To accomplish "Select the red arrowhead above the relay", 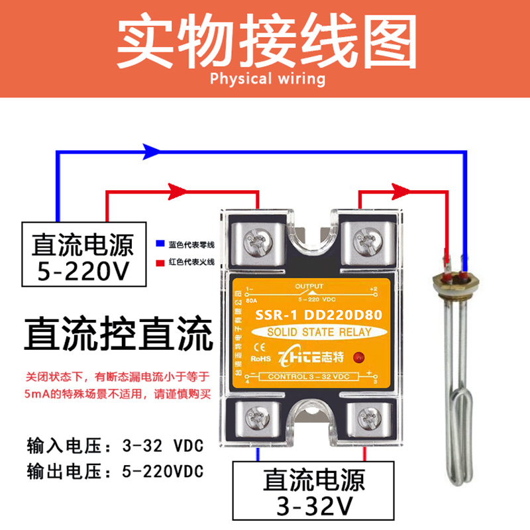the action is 178,193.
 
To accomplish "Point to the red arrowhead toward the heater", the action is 397,193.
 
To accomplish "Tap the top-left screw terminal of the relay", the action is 256,243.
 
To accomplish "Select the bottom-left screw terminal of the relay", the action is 256,418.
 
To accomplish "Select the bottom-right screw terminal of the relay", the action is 366,418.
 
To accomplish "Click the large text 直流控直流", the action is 119,335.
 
